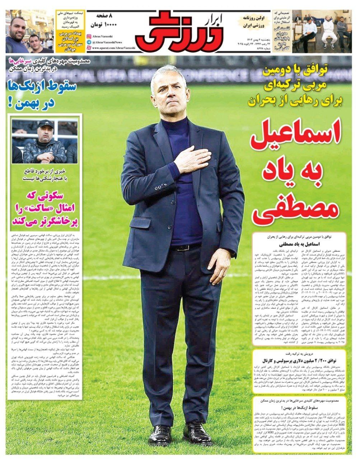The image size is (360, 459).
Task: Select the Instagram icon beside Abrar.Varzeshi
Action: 89,37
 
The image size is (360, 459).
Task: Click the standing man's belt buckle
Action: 184,247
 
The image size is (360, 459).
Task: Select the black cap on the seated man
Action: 46,124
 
